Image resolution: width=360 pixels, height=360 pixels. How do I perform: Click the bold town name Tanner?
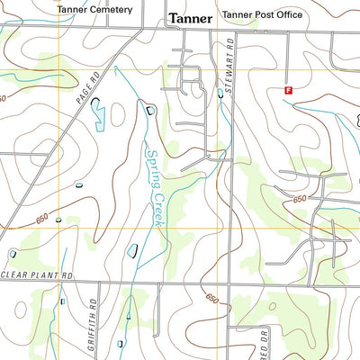190,17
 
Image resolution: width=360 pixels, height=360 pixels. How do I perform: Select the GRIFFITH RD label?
92,316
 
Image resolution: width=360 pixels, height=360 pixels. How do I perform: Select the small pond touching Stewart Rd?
220,92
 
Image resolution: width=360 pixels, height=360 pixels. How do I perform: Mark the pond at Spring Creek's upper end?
149,109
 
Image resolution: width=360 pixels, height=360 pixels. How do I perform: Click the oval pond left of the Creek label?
132,250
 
